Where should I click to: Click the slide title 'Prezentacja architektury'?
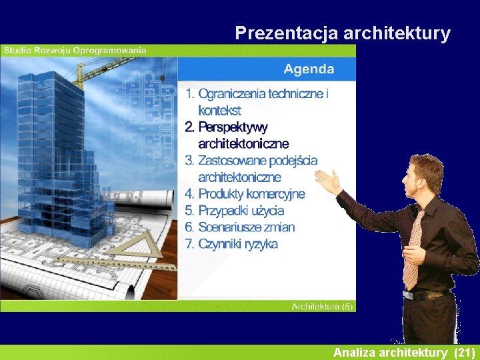point(343,33)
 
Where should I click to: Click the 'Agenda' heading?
point(309,69)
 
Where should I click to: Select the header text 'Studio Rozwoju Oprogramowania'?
point(74,50)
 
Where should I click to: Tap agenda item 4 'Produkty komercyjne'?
point(245,194)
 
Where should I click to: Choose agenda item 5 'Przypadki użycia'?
point(235,211)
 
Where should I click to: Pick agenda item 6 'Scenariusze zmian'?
point(240,227)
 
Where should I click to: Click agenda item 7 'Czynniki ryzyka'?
point(231,244)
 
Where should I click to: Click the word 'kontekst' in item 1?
point(219,111)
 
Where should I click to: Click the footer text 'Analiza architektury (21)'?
point(404,352)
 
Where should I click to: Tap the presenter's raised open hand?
point(329,181)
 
